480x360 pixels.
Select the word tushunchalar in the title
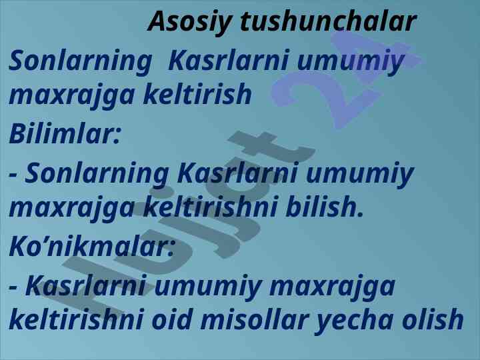click(x=328, y=21)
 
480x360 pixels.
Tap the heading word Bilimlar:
click(x=65, y=134)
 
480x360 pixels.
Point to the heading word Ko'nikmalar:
click(x=92, y=247)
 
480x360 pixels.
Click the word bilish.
click(x=325, y=206)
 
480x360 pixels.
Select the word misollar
click(x=255, y=319)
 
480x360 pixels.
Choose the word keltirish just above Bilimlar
click(x=197, y=94)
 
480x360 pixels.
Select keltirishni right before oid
click(x=77, y=319)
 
